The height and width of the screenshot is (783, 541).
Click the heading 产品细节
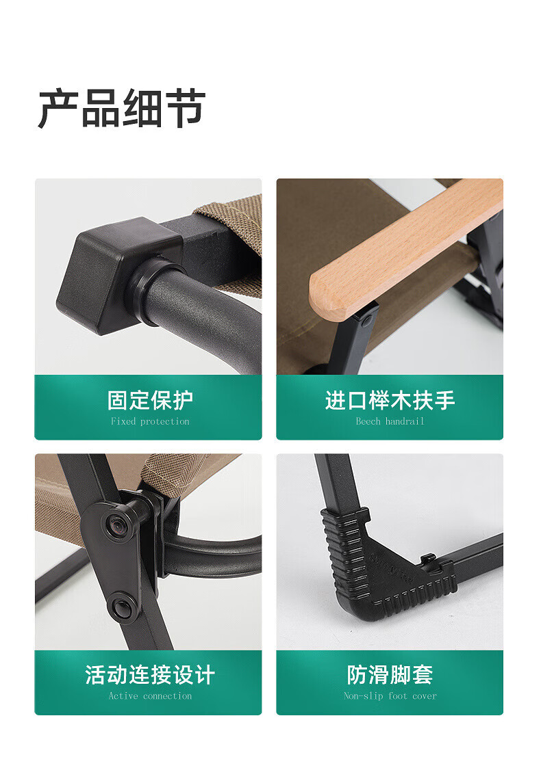(121, 109)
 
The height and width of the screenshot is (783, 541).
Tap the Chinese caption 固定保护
(150, 401)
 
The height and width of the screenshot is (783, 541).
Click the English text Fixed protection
(150, 421)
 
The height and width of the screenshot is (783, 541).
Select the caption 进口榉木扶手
(390, 401)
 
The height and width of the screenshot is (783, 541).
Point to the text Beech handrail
(390, 421)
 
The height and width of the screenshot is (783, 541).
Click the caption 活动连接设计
(150, 675)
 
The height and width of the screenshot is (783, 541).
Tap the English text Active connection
(150, 696)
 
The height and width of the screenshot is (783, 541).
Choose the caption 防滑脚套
(390, 675)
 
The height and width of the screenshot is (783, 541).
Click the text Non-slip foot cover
(390, 696)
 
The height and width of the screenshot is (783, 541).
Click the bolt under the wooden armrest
(368, 319)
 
